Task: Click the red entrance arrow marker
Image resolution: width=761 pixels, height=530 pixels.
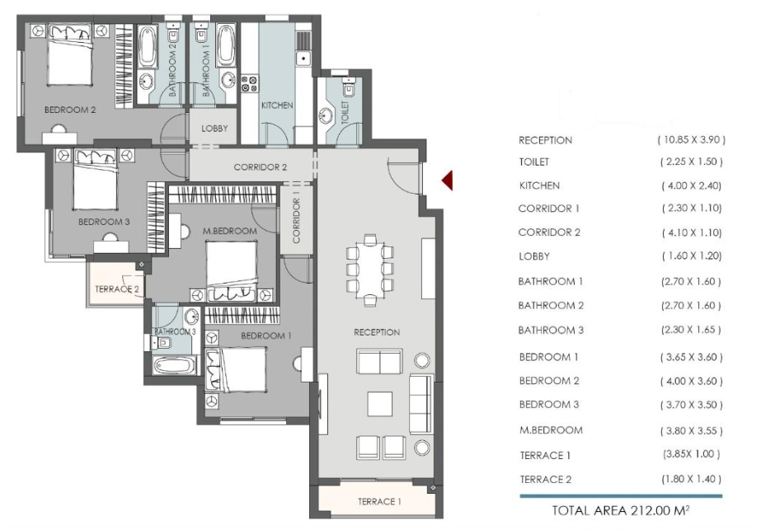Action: point(448,181)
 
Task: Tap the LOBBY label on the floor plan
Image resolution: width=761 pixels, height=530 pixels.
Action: point(214,129)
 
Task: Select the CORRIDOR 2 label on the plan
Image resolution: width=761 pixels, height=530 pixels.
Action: point(261,167)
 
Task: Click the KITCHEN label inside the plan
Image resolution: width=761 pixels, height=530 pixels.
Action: point(277,106)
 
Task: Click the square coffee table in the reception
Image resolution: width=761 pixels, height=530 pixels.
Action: point(379,404)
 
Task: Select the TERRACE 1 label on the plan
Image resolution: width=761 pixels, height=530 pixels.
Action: point(379,502)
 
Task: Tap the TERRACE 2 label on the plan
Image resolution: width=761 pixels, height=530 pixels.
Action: point(117,289)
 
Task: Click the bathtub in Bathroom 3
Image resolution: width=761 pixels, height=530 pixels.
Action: point(174,365)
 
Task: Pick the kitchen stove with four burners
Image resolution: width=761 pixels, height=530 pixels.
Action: point(250,83)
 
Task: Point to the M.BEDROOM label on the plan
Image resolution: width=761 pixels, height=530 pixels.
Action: point(229,232)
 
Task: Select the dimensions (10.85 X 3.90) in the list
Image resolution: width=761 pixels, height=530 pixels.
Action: point(692,140)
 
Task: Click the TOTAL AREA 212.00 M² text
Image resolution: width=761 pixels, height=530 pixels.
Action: point(621,510)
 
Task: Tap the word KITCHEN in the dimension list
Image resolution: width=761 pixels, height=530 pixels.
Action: point(539,185)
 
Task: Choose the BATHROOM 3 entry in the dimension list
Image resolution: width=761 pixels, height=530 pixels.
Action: point(551,330)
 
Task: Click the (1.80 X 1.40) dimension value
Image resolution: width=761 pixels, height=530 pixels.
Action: point(691,479)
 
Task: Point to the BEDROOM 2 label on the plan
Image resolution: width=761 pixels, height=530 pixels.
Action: point(70,110)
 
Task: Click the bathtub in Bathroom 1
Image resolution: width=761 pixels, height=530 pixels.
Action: point(226,46)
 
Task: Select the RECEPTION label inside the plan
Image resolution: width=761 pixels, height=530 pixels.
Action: point(377,332)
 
